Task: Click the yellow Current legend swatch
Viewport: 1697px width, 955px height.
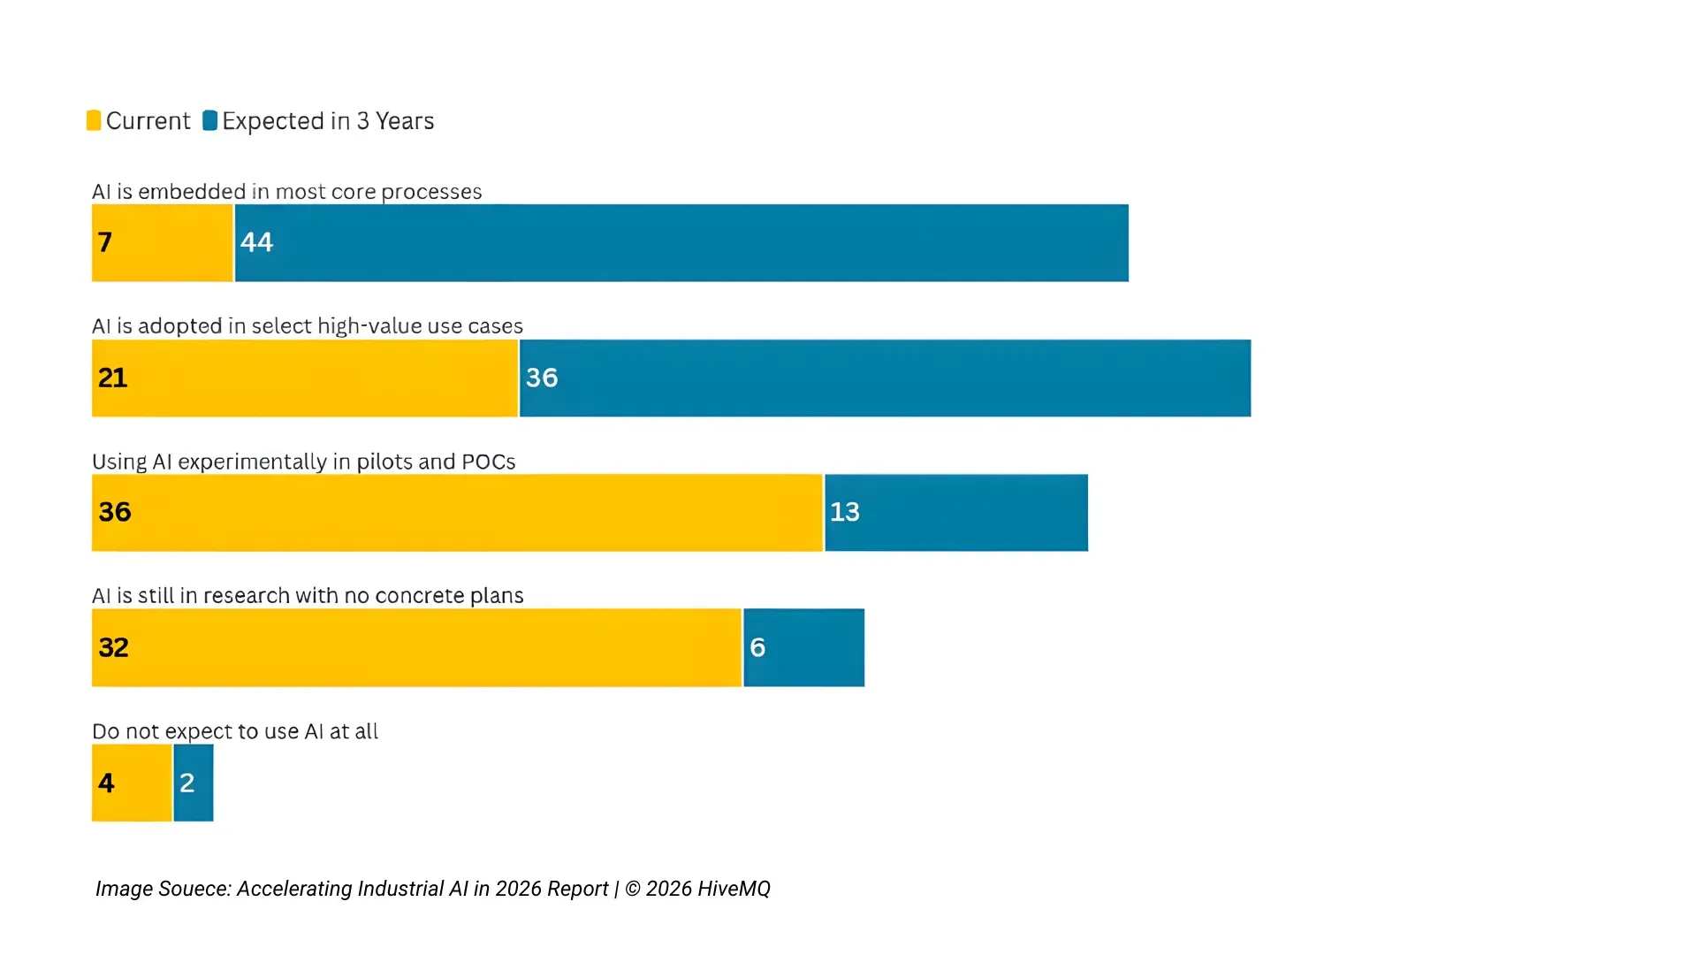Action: click(x=94, y=120)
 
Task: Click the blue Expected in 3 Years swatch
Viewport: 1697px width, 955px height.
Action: click(x=209, y=120)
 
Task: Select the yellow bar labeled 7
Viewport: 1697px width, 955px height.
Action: click(x=163, y=243)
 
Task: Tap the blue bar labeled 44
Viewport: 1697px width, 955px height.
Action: click(x=681, y=243)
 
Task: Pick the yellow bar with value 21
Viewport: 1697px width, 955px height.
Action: click(x=305, y=378)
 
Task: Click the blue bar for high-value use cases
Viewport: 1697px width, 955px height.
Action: click(x=885, y=378)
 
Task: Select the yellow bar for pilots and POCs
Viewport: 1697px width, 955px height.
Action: click(x=457, y=513)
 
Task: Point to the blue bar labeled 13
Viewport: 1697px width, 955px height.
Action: click(x=956, y=513)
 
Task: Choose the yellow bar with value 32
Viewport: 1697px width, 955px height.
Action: click(x=416, y=647)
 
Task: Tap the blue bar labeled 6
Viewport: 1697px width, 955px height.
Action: click(x=804, y=647)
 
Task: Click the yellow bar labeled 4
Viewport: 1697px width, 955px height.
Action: click(x=132, y=783)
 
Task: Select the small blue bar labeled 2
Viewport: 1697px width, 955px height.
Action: click(x=194, y=783)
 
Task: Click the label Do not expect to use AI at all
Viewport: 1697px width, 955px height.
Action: click(x=235, y=731)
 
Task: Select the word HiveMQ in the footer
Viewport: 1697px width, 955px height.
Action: click(x=734, y=889)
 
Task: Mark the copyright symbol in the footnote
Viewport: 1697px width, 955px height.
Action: click(x=633, y=889)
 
